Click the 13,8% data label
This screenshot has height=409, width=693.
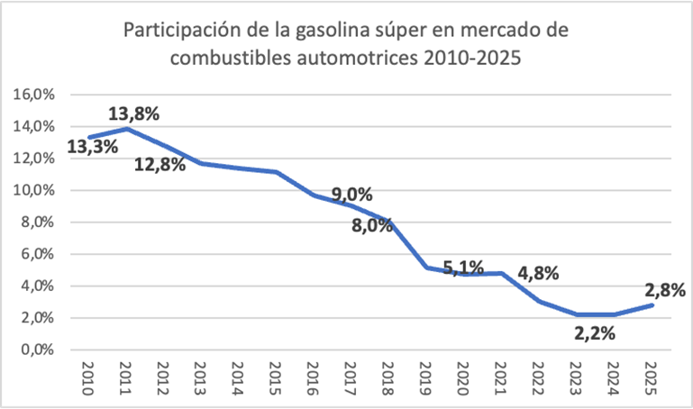pyautogui.click(x=134, y=114)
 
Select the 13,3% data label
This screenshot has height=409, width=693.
pyautogui.click(x=93, y=148)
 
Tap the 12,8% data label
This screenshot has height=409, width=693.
pyautogui.click(x=160, y=165)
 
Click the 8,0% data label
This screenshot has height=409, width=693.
pyautogui.click(x=371, y=225)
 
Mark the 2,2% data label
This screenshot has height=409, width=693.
pyautogui.click(x=593, y=333)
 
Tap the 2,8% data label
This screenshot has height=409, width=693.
pyautogui.click(x=665, y=290)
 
